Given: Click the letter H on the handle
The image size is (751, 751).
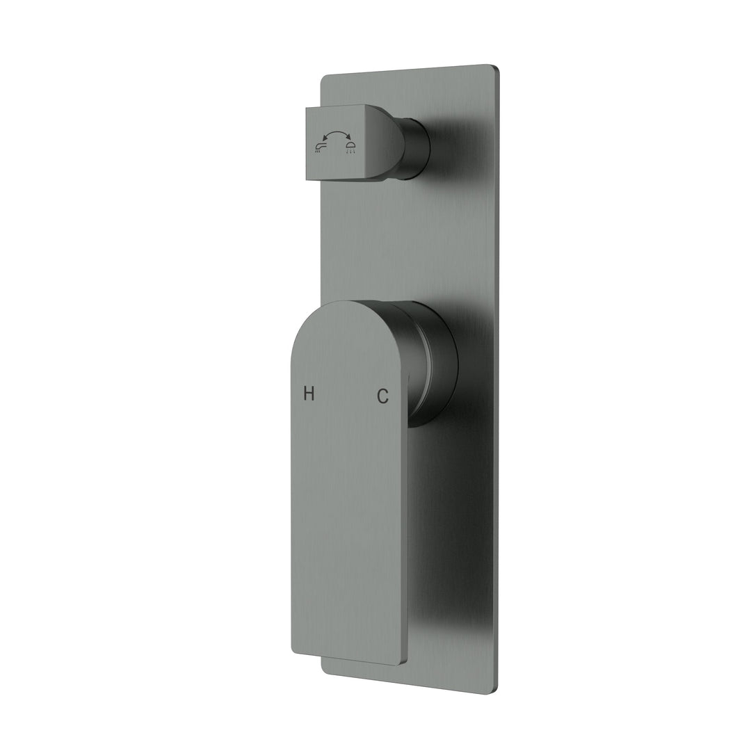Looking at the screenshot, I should [309, 394].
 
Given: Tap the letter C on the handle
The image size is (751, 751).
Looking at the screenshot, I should [382, 396].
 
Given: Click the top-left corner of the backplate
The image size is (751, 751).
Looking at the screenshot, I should [322, 78].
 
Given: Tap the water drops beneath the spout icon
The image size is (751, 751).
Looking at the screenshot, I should [319, 151].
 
